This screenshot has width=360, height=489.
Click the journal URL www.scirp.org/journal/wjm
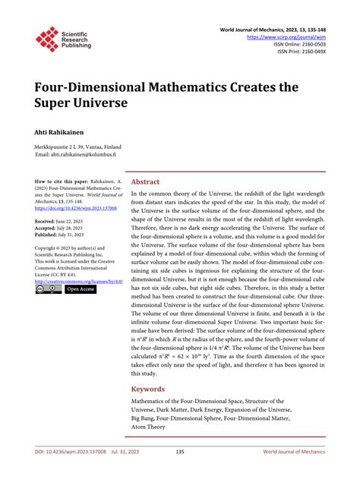pos(289,36)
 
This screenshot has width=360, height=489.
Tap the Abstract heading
pos(146,182)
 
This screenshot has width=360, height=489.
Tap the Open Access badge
pos(80,289)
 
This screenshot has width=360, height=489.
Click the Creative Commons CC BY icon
pos(47,289)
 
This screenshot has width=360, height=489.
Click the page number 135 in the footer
pos(180,473)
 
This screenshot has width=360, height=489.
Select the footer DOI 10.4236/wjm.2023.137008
pos(68,473)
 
